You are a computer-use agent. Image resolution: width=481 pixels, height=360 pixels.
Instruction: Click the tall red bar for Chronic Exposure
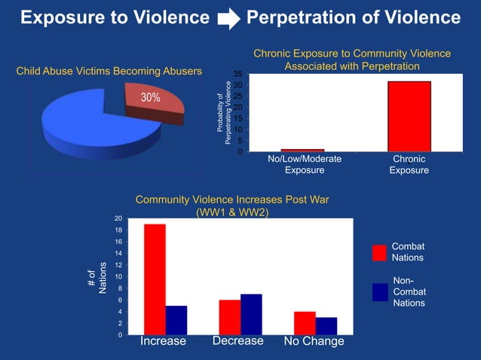coord(409,116)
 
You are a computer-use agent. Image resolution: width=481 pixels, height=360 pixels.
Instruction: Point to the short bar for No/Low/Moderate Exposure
coord(303,150)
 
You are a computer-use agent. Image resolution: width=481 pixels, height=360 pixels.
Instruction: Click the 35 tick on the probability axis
coord(237,74)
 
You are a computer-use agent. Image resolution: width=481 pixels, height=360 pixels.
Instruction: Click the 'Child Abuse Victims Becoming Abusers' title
coord(109,72)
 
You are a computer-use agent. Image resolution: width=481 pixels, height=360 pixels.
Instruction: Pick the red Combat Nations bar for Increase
coord(155,279)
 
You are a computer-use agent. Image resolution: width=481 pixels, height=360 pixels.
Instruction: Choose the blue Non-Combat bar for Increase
coord(176,320)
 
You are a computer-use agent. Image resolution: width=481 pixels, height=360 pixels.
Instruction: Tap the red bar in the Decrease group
coord(230,317)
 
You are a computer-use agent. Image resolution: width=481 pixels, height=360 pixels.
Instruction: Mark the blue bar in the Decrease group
coord(251,314)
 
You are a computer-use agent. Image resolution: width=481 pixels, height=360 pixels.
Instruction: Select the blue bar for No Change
coord(326,326)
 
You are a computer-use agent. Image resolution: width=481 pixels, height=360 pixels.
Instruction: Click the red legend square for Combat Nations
coord(379,252)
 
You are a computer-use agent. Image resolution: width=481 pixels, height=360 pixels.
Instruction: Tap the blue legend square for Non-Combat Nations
coord(379,291)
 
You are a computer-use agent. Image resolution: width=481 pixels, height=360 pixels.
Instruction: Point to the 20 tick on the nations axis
coord(118,218)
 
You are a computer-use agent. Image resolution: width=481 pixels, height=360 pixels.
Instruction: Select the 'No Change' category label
coord(314,342)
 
